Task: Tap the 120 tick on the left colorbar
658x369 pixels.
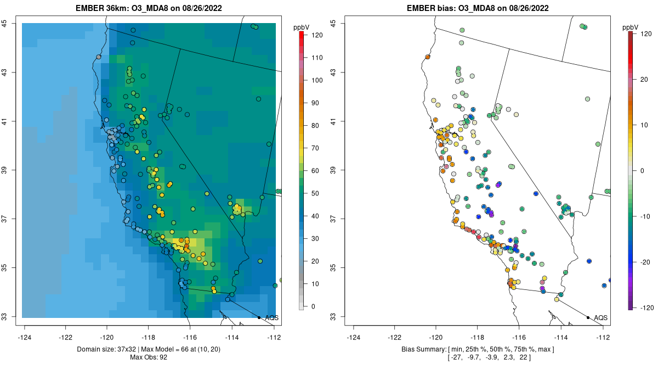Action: point(316,35)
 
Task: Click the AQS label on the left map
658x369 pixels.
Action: point(271,318)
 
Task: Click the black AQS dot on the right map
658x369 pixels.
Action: point(588,317)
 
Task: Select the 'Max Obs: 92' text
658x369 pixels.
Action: point(149,357)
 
